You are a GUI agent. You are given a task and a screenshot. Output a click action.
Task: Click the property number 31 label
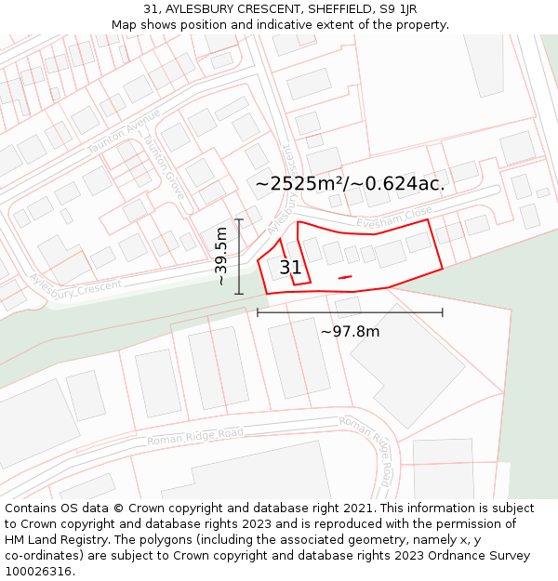(x=290, y=268)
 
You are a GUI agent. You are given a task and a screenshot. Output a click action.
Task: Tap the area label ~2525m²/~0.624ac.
(x=350, y=184)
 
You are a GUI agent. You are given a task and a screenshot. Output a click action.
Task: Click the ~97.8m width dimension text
(x=350, y=331)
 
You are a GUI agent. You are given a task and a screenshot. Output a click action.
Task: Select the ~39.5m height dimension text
(x=221, y=256)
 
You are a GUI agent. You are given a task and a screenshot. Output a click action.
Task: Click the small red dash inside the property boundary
(x=345, y=277)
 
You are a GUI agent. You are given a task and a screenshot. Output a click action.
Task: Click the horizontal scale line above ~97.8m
(x=350, y=312)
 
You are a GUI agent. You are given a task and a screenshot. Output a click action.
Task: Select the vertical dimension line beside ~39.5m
(x=239, y=256)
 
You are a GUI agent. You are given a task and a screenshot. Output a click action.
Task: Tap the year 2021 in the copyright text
(x=357, y=508)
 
